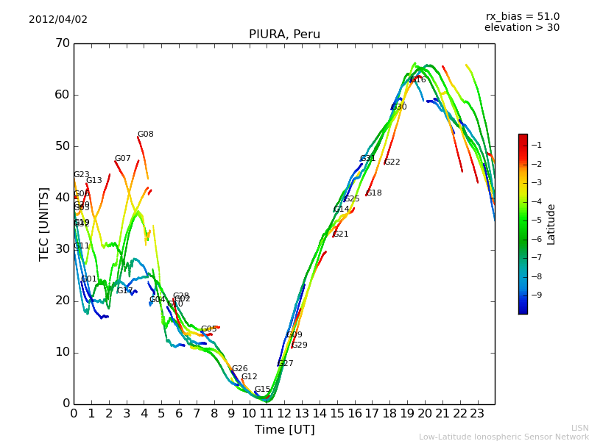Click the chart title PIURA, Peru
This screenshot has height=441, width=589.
pyautogui.click(x=284, y=35)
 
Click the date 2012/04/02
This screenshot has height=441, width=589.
pyautogui.click(x=58, y=19)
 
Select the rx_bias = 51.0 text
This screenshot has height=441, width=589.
pyautogui.click(x=522, y=16)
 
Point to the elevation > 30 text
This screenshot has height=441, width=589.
pyautogui.click(x=521, y=28)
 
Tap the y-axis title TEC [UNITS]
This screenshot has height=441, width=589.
pyautogui.click(x=44, y=223)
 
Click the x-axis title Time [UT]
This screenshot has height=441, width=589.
pyautogui.click(x=284, y=429)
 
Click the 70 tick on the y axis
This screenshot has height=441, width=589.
pyautogui.click(x=61, y=43)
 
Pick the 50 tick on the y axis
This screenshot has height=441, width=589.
pyautogui.click(x=61, y=146)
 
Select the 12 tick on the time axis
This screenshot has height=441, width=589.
pyautogui.click(x=284, y=413)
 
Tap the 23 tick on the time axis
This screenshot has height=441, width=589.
pyautogui.click(x=477, y=413)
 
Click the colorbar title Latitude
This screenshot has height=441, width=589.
pyautogui.click(x=551, y=224)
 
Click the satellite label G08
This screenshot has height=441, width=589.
pyautogui.click(x=146, y=135)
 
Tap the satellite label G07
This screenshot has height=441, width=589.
pyautogui.click(x=123, y=159)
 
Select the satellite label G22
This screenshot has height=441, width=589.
pyautogui.click(x=392, y=162)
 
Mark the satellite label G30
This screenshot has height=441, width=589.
pyautogui.click(x=399, y=107)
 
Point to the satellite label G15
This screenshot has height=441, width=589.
pyautogui.click(x=263, y=390)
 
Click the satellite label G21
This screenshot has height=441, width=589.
pyautogui.click(x=341, y=234)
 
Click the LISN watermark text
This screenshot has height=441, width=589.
pyautogui.click(x=580, y=428)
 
